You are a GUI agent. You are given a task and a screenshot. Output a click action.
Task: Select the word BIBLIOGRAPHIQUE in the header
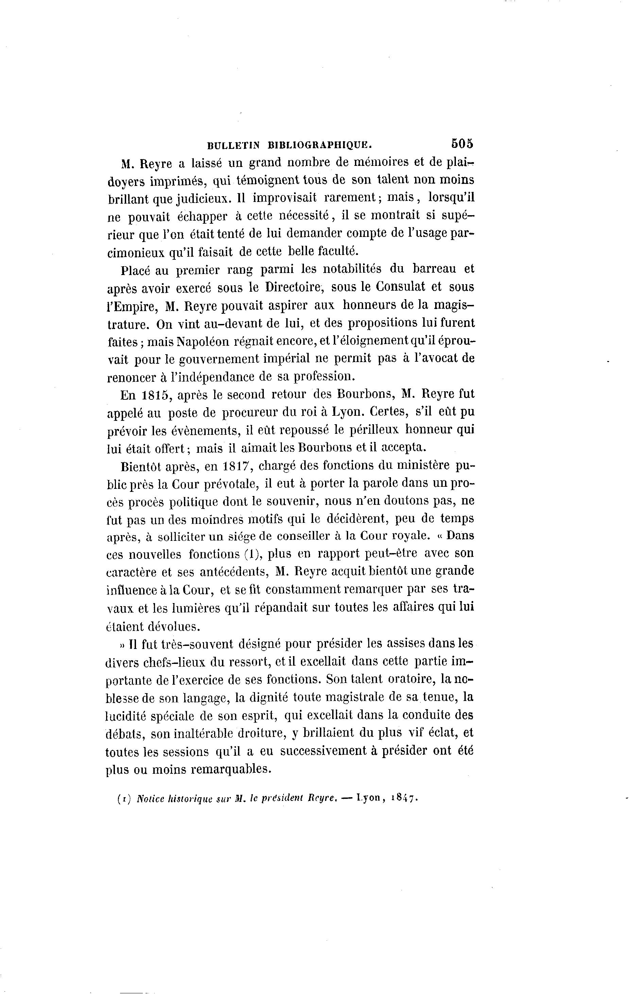click(320, 145)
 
